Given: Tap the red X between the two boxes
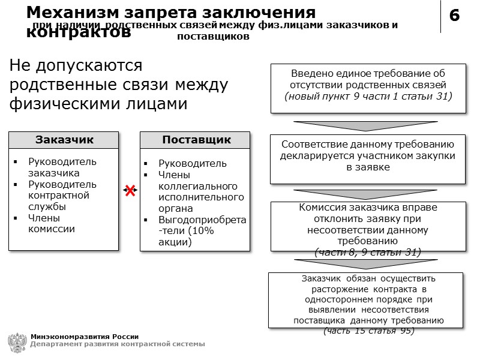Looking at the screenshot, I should pos(130,191).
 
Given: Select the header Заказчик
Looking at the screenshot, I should pos(64,140).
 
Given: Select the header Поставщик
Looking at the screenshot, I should pos(196,140).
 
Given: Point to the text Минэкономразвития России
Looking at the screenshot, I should pos(85,336).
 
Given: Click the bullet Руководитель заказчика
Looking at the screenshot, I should pos(62,167).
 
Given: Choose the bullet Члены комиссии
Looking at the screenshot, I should pos(51,223).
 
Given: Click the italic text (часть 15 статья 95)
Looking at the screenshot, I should pos(369,331).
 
